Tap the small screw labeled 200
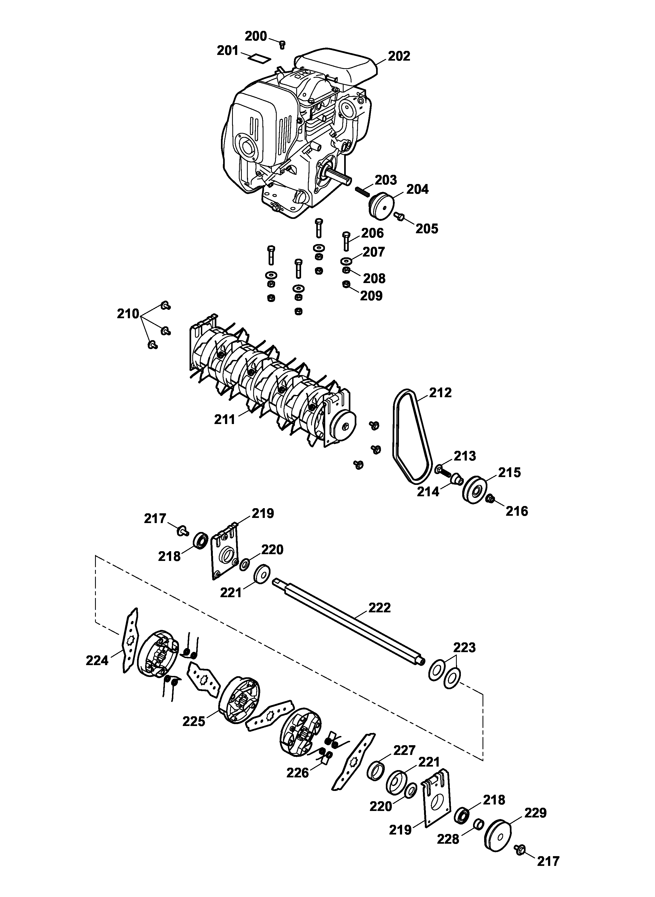coord(282,44)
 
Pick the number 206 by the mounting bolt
coord(372,233)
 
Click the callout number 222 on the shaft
coord(379,607)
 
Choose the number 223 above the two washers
coord(464,648)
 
